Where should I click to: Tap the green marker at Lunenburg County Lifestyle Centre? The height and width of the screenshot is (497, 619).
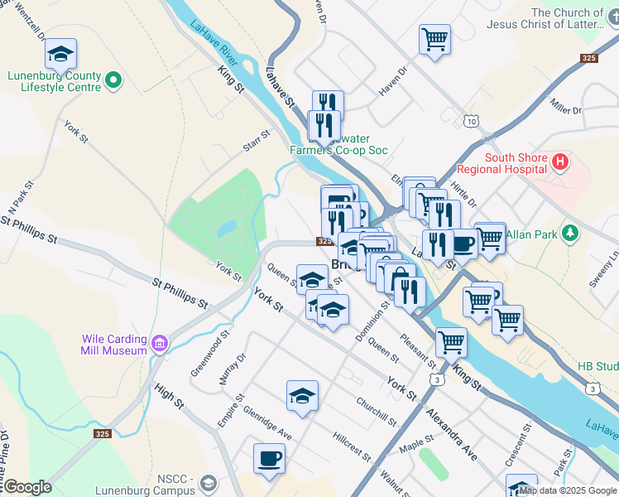[113, 81]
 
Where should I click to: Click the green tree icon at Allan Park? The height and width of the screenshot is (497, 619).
[569, 234]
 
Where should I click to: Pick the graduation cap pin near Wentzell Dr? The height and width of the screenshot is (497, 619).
[60, 54]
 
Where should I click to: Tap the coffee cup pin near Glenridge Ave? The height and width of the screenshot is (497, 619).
[270, 458]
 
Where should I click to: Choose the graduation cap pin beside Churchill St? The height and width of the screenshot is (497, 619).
[302, 396]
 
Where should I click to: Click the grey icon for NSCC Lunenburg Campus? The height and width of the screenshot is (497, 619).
[209, 483]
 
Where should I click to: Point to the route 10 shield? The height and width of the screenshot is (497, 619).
[471, 121]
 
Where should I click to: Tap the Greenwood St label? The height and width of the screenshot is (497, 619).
[210, 355]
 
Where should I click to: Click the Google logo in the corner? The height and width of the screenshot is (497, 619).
[27, 487]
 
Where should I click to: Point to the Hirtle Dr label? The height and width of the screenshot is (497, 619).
[465, 194]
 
